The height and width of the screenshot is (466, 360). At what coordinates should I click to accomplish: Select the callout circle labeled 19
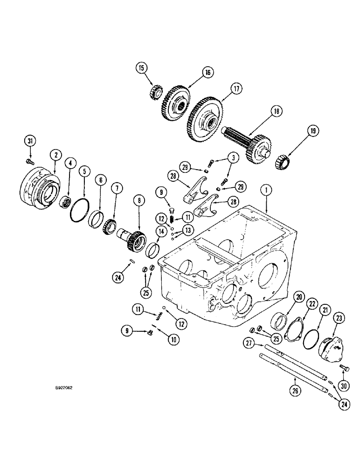(x=313, y=132)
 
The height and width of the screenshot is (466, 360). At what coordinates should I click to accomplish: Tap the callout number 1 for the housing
(x=265, y=190)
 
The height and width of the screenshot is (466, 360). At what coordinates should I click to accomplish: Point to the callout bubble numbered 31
(x=29, y=141)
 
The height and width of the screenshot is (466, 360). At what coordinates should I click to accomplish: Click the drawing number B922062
(x=64, y=386)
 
